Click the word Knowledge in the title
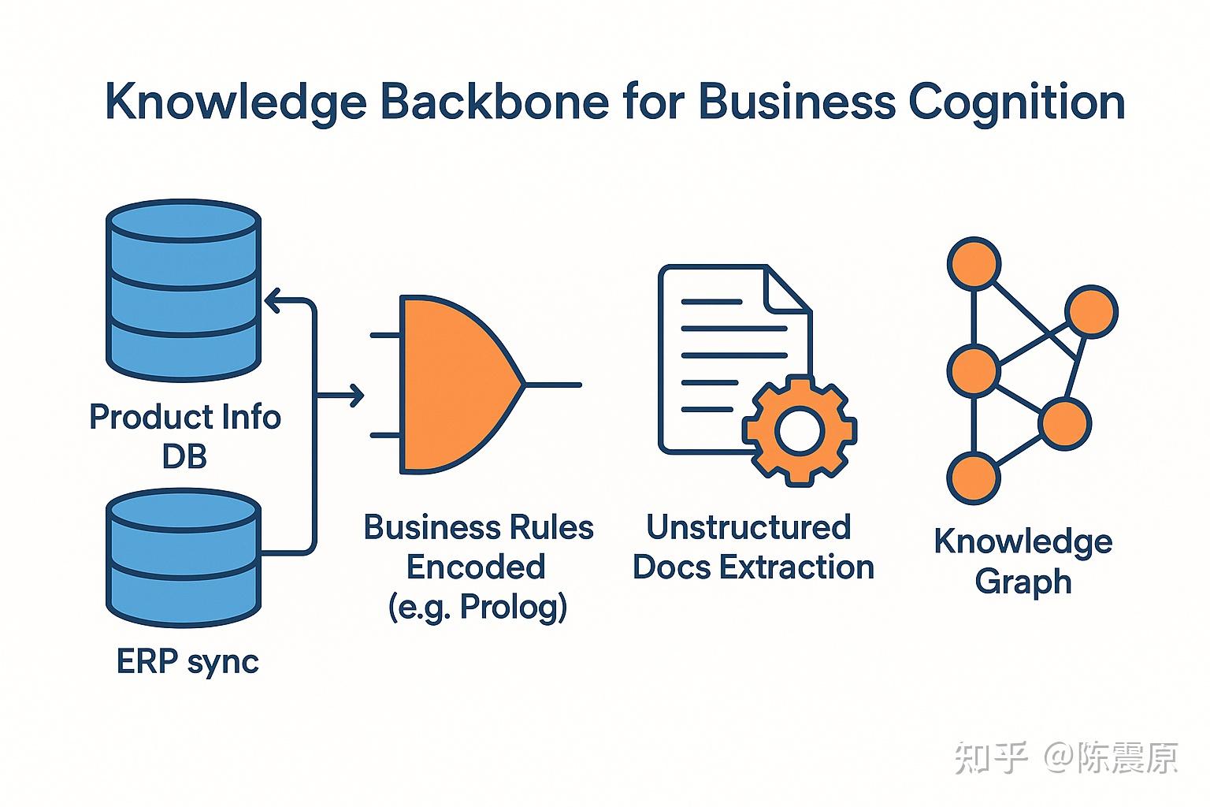pos(236,103)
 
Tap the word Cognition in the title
pos(1016,103)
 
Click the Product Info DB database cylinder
pos(183,292)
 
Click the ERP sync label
pos(187,662)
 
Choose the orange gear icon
pos(800,430)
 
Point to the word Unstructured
pos(748,527)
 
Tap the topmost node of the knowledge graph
pos(974,264)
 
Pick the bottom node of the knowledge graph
pos(974,478)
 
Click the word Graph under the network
pos(1023,582)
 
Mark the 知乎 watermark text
pos(991,758)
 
